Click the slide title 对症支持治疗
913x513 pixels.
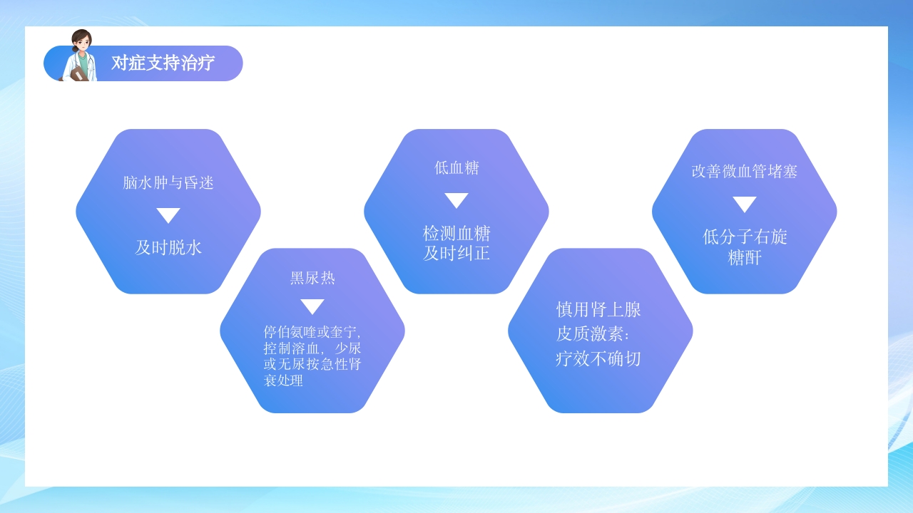[x=163, y=63]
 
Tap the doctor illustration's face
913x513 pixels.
[x=82, y=43]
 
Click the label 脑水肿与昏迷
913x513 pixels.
[x=168, y=183]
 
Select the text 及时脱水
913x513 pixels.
[x=168, y=247]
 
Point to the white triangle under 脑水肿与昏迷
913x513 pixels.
[x=168, y=215]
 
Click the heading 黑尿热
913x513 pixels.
[x=312, y=278]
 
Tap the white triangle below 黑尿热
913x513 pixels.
[x=312, y=306]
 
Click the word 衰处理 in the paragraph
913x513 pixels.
[x=283, y=380]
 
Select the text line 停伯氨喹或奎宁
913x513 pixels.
[x=311, y=332]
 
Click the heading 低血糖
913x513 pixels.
[x=456, y=168]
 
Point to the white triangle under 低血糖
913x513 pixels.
[x=456, y=200]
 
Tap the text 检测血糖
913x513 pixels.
[x=456, y=234]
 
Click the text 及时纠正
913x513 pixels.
[x=456, y=253]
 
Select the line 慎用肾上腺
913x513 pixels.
[x=598, y=309]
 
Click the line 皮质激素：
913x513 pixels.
[x=593, y=334]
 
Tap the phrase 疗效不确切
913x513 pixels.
[x=598, y=358]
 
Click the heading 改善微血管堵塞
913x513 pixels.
[x=744, y=172]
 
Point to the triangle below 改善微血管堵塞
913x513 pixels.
[x=744, y=204]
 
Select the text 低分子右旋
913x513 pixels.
[x=745, y=237]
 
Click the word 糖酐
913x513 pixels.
[x=745, y=258]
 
